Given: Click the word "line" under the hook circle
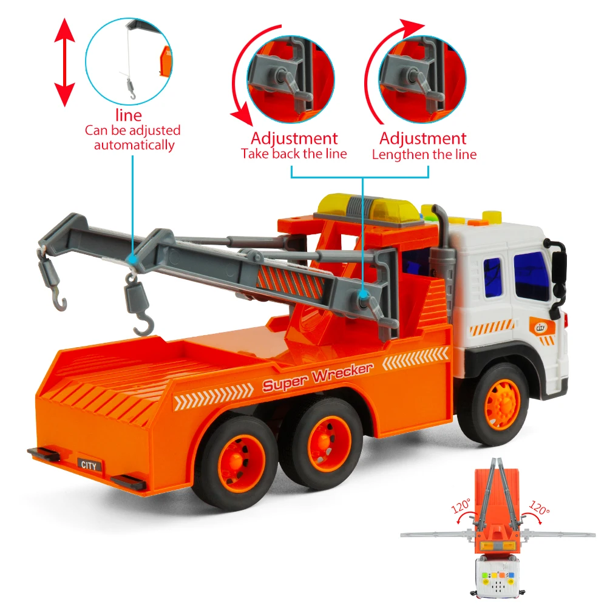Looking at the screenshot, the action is [x=129, y=115].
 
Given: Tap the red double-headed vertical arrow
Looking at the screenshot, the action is [x=64, y=63].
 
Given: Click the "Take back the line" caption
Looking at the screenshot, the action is [x=294, y=154].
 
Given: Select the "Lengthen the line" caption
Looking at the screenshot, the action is [x=424, y=154].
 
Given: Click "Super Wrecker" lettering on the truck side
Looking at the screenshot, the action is [x=318, y=377].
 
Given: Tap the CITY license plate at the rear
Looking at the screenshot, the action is [x=89, y=465].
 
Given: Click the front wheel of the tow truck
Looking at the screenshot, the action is [x=500, y=404].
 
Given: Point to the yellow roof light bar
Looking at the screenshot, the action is [x=368, y=209].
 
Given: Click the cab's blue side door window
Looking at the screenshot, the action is [x=493, y=277].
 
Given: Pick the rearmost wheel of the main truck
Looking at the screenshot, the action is [x=236, y=462].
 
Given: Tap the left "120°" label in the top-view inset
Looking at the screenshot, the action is [x=461, y=506].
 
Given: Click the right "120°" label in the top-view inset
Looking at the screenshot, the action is [x=539, y=507].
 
